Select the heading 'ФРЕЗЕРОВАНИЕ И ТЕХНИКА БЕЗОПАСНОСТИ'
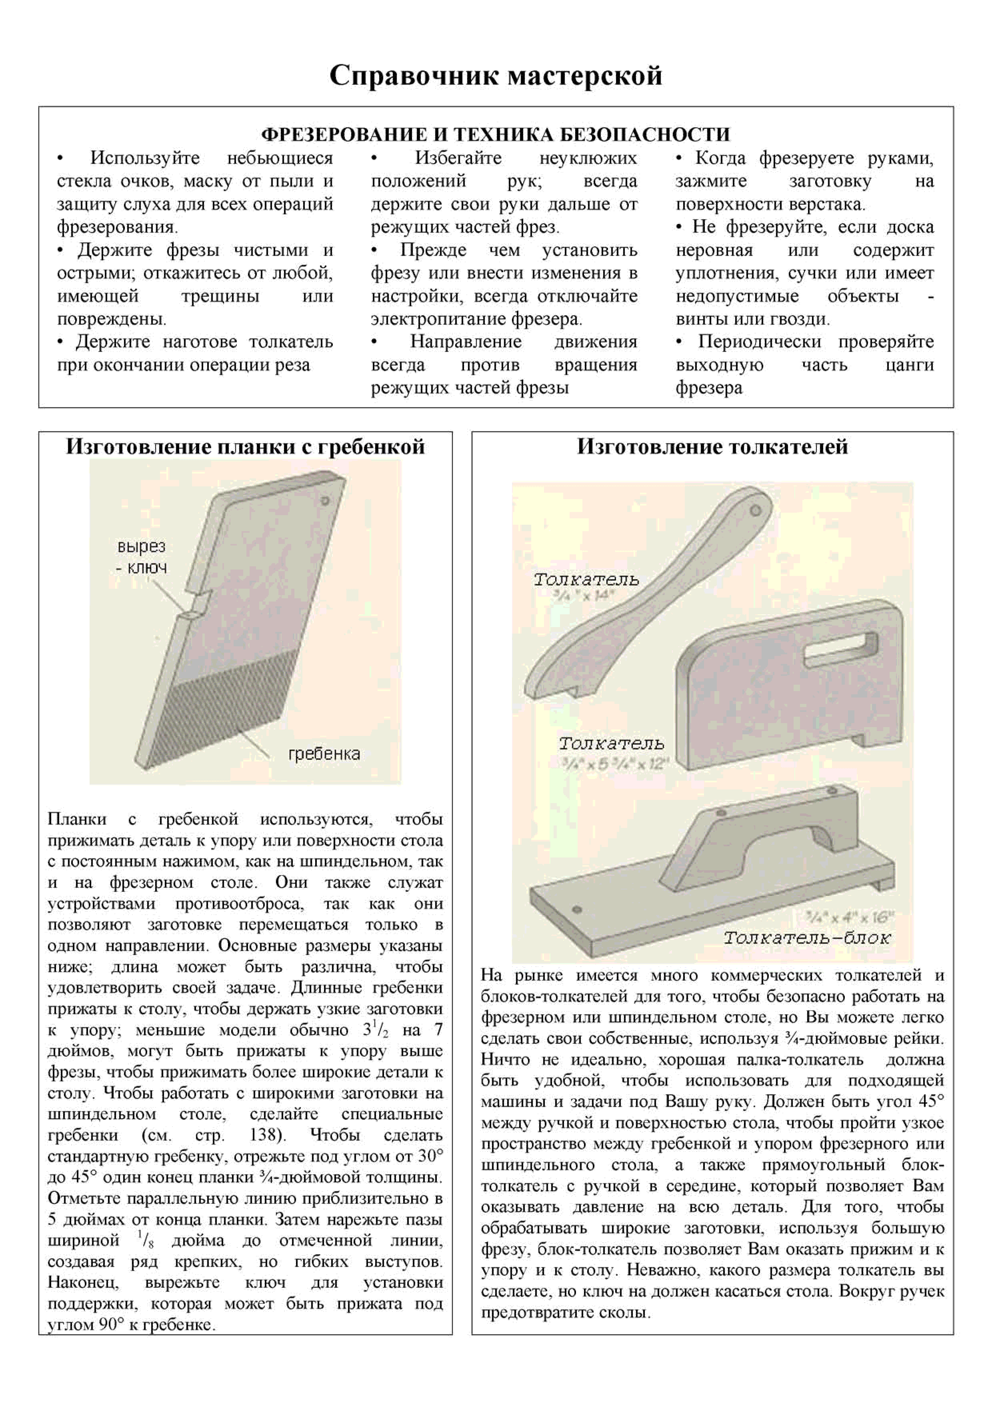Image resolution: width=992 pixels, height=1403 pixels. (x=496, y=134)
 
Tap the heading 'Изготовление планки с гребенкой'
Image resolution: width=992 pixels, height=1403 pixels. (x=245, y=447)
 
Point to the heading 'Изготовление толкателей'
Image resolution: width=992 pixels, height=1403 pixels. (x=712, y=447)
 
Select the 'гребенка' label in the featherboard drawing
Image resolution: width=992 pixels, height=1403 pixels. (x=324, y=753)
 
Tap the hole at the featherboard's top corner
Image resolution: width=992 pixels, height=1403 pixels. (x=325, y=501)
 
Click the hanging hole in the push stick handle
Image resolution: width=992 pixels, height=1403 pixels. (x=756, y=509)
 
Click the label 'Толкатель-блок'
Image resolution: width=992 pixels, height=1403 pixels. (x=807, y=938)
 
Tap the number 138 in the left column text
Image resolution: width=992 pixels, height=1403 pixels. (x=265, y=1135)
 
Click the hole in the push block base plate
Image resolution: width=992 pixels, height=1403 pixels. (x=576, y=909)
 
